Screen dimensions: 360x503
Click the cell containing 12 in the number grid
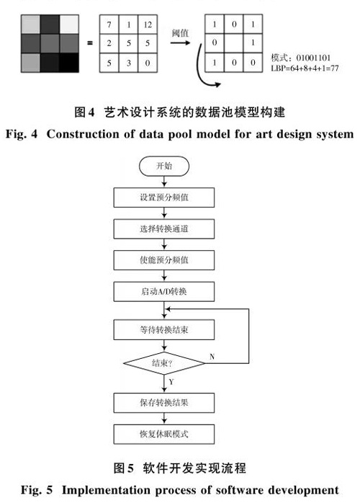click(148, 25)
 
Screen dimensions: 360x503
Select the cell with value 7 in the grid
click(109, 25)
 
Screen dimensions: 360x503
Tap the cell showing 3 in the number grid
click(129, 63)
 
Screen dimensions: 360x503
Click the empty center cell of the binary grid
click(234, 43)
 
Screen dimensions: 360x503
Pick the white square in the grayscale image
click(69, 25)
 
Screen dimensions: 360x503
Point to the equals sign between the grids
click(90, 43)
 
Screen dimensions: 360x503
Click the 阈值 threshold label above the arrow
click(180, 32)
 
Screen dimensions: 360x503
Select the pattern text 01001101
click(313, 58)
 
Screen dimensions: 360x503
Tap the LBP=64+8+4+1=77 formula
click(305, 68)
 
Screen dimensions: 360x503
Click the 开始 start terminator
click(164, 166)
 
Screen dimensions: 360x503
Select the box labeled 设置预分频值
click(164, 197)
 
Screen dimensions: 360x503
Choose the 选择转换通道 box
click(164, 228)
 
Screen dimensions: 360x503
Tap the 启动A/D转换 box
click(164, 291)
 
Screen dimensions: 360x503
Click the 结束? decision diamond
click(164, 363)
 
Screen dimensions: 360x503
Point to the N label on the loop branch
click(212, 357)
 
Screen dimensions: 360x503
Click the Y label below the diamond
click(171, 382)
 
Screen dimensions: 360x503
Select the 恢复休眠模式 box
click(164, 434)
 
